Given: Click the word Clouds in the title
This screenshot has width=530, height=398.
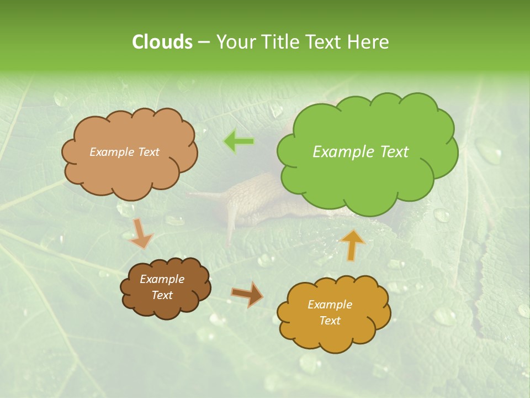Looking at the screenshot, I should (x=162, y=42).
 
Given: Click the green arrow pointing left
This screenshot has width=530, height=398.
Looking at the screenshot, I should (x=239, y=142).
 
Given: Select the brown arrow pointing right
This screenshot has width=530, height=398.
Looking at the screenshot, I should (x=247, y=295).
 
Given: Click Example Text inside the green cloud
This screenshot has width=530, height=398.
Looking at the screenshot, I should (x=361, y=152).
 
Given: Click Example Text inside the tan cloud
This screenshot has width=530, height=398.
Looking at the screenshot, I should (x=124, y=152).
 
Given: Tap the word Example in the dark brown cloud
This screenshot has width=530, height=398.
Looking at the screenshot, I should (x=162, y=279).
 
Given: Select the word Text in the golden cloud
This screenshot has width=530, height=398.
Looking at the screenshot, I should (x=330, y=321).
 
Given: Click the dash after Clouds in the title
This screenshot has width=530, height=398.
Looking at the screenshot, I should (x=204, y=43).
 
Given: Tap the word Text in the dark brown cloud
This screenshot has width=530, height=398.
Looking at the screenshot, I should (x=162, y=295).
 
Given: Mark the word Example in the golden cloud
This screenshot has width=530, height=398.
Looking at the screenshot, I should (x=330, y=305).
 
